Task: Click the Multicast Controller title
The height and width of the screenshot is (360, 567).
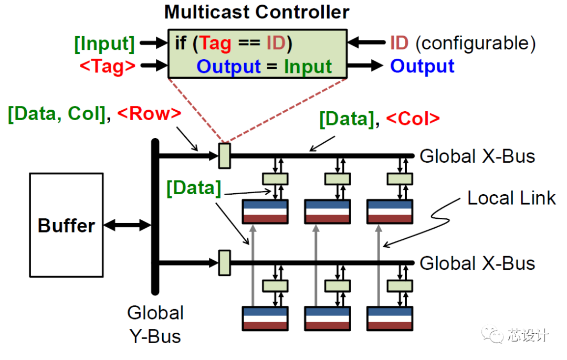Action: click(257, 12)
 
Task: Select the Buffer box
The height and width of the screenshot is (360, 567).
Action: click(66, 226)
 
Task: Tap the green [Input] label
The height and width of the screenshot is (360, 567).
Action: click(104, 44)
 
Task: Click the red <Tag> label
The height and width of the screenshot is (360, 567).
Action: click(108, 66)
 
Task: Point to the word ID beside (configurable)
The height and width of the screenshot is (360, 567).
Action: click(399, 43)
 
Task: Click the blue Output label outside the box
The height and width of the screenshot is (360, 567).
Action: click(422, 66)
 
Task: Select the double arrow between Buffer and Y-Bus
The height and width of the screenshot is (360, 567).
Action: click(127, 226)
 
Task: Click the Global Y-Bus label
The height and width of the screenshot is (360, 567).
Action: click(155, 324)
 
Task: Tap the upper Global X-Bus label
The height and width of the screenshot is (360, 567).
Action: click(477, 156)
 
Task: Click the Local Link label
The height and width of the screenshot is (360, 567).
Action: click(511, 198)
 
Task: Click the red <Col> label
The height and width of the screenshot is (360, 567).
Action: click(413, 119)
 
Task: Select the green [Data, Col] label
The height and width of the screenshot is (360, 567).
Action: click(57, 114)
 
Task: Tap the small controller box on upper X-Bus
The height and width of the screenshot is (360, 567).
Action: click(224, 155)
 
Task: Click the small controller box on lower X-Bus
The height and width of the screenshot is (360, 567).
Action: click(224, 262)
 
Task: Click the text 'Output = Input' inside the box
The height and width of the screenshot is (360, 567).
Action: click(264, 67)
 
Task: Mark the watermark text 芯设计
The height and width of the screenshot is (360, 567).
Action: click(528, 335)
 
